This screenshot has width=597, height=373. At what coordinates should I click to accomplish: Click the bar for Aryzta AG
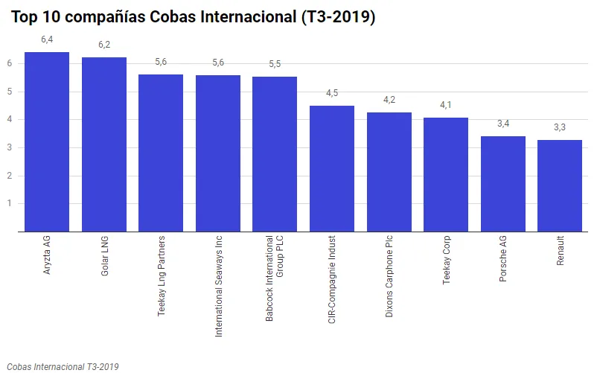tap(47, 141)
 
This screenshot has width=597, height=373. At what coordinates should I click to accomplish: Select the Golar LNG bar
tap(103, 144)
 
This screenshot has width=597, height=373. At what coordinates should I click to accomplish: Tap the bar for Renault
tap(560, 185)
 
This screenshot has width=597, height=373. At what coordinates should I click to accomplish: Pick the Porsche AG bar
tap(503, 184)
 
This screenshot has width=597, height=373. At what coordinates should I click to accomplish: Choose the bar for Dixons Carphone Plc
tap(389, 172)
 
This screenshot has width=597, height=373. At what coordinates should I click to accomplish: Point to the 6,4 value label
tap(47, 39)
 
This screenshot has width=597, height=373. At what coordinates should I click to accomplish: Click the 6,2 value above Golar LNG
tap(103, 45)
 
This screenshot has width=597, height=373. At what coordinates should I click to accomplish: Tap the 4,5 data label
tap(332, 93)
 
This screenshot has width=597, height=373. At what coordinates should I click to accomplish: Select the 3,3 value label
tap(560, 127)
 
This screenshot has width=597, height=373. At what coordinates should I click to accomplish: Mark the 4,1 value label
tap(446, 105)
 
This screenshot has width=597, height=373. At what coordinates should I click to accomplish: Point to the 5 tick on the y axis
tap(10, 92)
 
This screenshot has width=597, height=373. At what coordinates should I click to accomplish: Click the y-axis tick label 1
tap(10, 204)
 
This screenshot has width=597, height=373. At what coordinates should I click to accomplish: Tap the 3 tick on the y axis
tap(10, 148)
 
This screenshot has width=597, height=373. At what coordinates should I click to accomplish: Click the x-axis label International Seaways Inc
tap(218, 287)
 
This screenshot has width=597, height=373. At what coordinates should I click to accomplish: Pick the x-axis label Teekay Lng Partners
tap(162, 277)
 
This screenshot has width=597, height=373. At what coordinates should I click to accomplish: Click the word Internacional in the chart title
tap(234, 16)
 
